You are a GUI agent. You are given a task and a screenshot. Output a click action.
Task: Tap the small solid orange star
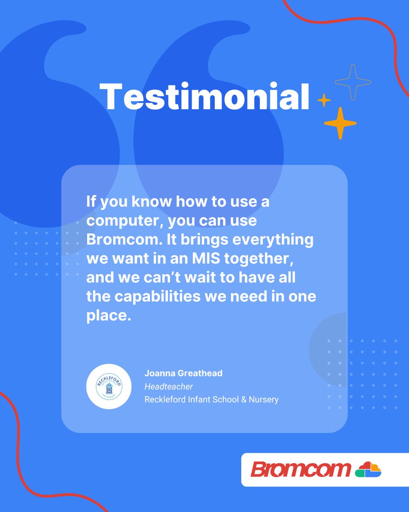click(324, 100)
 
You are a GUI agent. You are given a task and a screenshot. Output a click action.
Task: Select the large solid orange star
click(340, 123)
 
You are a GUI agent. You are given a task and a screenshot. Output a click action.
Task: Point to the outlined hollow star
click(353, 82)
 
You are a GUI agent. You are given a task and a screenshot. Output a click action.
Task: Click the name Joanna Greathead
click(183, 373)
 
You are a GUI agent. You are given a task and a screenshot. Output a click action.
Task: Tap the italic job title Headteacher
click(169, 387)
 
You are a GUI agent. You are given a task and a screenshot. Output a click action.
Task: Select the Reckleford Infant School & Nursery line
click(211, 400)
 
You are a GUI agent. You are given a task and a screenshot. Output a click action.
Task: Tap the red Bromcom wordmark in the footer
click(301, 469)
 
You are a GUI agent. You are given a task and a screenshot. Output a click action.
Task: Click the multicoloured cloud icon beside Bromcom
click(368, 469)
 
